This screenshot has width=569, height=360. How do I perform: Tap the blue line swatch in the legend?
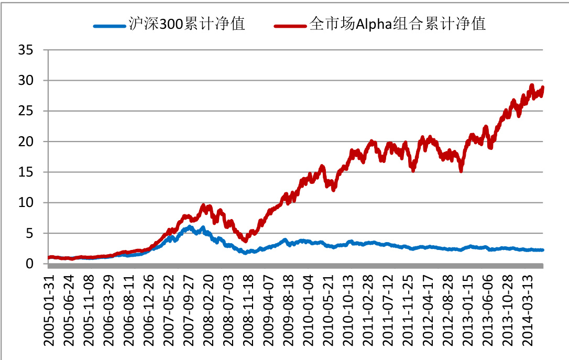[x=111, y=25]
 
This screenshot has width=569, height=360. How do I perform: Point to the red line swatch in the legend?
[x=290, y=25]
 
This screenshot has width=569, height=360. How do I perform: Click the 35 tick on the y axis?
[x=26, y=50]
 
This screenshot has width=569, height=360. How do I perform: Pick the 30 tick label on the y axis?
[x=26, y=81]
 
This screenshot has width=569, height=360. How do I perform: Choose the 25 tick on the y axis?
[x=26, y=111]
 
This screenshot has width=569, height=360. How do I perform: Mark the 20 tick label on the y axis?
[x=26, y=141]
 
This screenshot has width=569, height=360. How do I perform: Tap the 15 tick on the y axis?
[x=26, y=172]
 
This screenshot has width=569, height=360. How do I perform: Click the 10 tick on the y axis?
[x=26, y=202]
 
